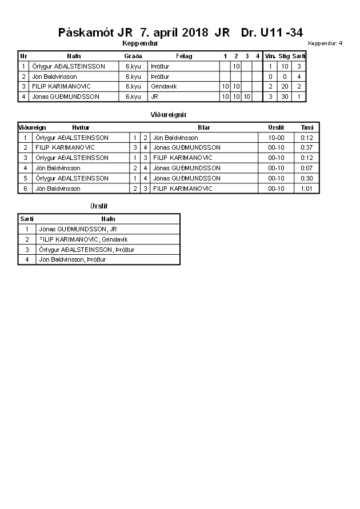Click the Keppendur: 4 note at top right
click(325, 43)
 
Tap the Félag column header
click(184, 56)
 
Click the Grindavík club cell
click(164, 86)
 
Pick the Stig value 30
click(284, 97)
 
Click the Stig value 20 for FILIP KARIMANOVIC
click(284, 86)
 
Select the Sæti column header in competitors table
click(299, 56)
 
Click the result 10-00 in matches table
click(276, 138)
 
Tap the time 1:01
click(307, 189)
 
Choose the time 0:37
click(307, 147)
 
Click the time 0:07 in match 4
click(307, 168)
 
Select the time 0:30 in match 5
click(307, 178)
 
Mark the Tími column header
click(307, 127)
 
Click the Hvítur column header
click(81, 127)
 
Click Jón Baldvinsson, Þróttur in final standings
click(72, 259)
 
